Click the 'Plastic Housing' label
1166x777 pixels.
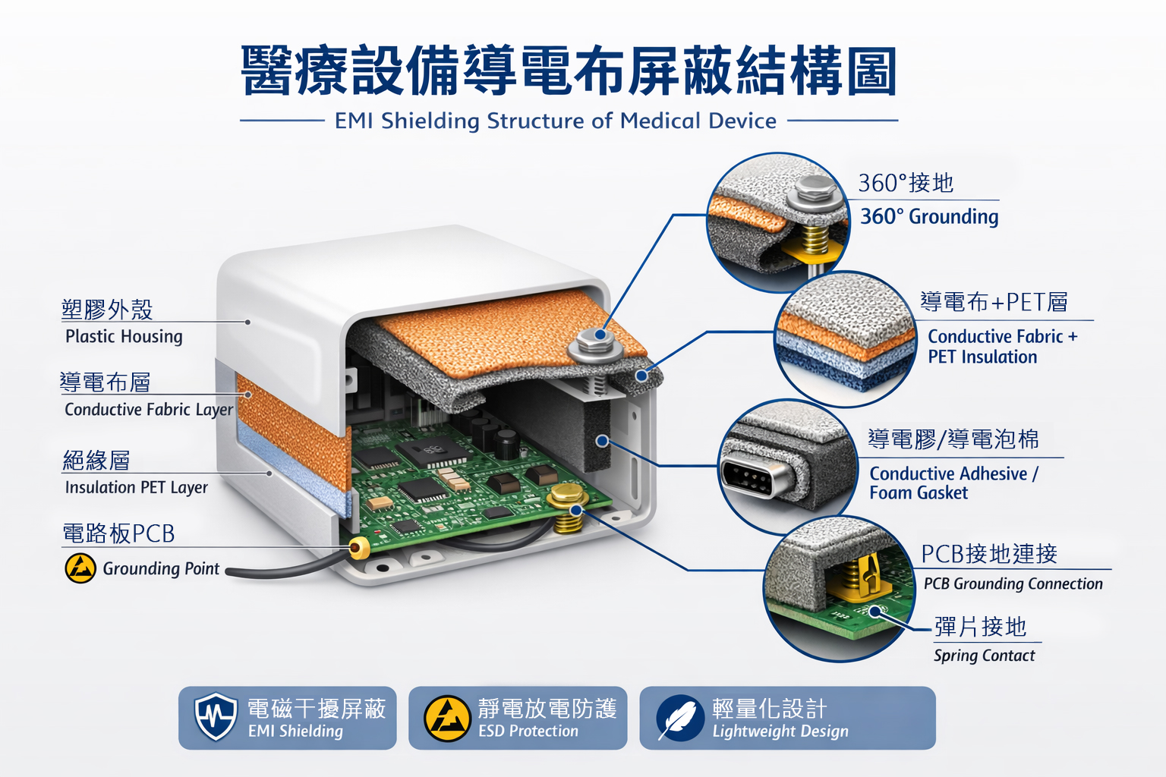pyautogui.click(x=124, y=337)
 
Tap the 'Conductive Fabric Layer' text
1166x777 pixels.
pyautogui.click(x=149, y=410)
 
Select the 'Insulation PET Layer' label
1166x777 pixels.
pyautogui.click(x=137, y=488)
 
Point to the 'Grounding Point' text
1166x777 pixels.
pyautogui.click(x=161, y=568)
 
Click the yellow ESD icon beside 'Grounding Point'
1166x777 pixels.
pyautogui.click(x=80, y=568)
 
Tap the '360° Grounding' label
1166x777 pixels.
pyautogui.click(x=929, y=216)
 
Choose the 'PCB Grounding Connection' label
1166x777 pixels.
pyautogui.click(x=1013, y=584)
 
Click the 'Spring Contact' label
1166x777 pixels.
pyautogui.click(x=985, y=656)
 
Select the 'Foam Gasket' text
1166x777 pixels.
pyautogui.click(x=919, y=493)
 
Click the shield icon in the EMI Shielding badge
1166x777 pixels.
pyautogui.click(x=216, y=716)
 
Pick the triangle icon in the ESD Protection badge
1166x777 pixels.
pyautogui.click(x=447, y=719)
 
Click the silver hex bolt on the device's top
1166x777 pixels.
pyautogui.click(x=594, y=344)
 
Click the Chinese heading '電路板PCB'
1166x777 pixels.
pyautogui.click(x=118, y=533)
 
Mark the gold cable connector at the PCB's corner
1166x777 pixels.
pyautogui.click(x=358, y=548)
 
